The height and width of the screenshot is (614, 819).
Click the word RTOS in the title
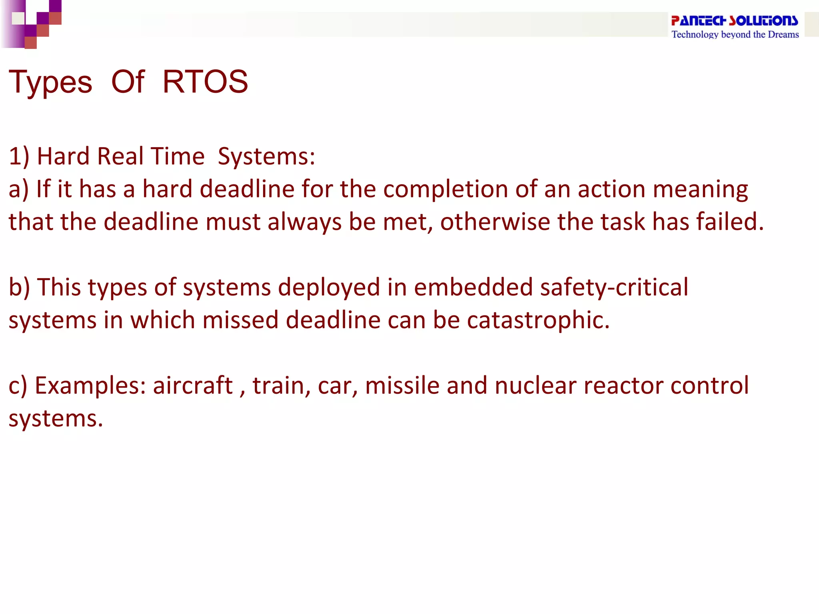205,82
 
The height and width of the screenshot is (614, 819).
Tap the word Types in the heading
50,83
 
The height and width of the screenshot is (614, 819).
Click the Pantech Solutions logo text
734,20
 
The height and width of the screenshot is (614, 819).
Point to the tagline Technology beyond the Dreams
735,34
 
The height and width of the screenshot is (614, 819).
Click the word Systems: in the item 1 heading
266,156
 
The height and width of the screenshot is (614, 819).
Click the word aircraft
193,386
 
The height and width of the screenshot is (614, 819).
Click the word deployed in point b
329,287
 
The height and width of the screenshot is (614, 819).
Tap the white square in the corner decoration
18,18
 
